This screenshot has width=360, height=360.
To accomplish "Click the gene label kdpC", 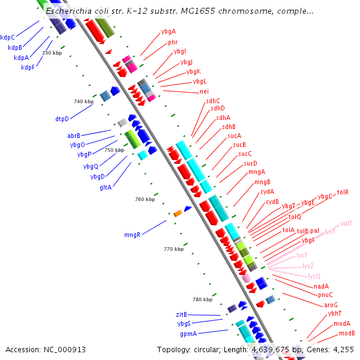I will pos(8,37).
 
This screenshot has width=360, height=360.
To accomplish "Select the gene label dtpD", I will pos(62,119).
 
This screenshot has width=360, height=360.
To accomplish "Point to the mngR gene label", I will pos(132,235).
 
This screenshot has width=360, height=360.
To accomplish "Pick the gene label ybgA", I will pos(169,31).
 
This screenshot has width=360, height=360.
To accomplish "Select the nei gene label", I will pos(204,91).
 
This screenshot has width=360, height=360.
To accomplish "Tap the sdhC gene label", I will pos(212,101).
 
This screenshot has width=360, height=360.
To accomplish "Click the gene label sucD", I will pos(250,163).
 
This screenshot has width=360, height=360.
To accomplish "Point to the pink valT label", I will pos(346,223).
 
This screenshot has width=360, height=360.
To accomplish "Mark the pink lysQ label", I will pos(314,276).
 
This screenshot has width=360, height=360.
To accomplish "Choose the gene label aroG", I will pos(331,305).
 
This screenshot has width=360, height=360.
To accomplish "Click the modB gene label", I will pos(347,333).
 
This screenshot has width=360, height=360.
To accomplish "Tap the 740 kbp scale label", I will pos(83,101).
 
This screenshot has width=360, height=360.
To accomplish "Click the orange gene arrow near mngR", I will pos(178,214).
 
